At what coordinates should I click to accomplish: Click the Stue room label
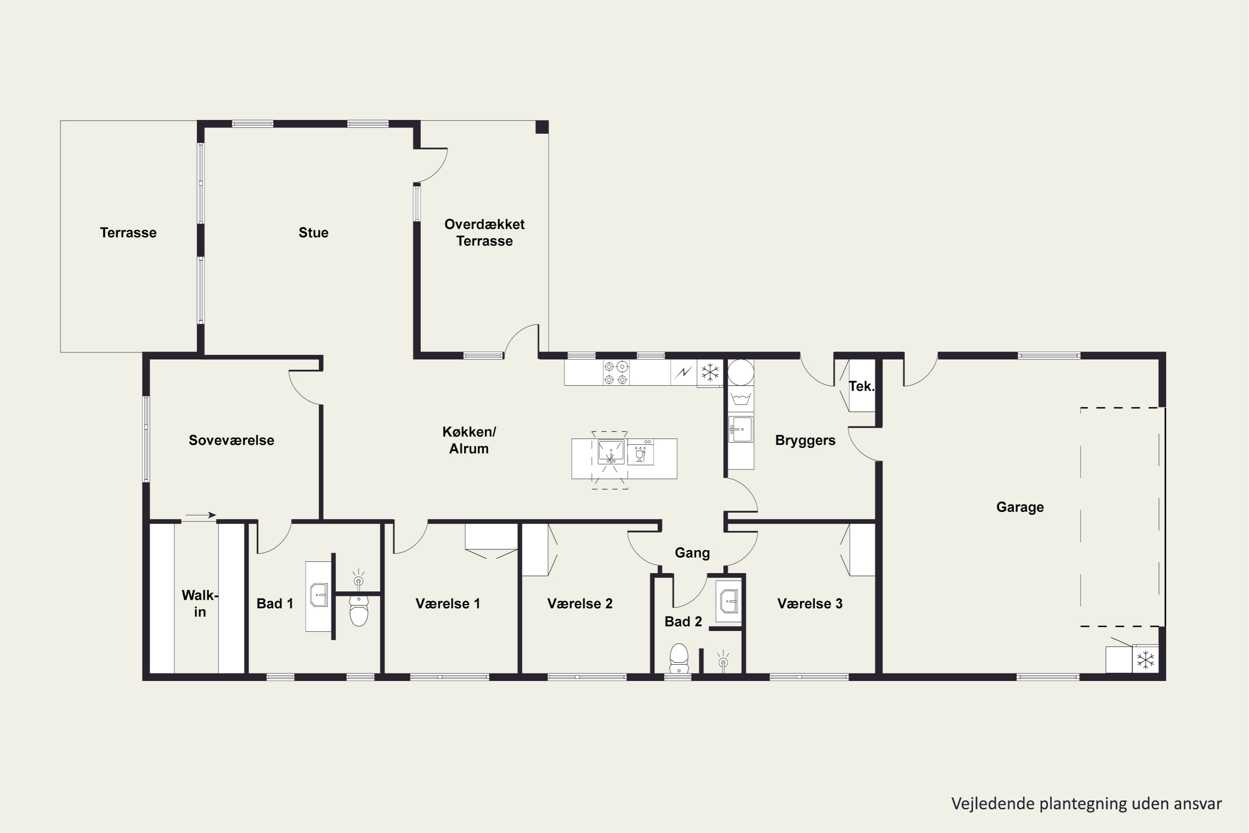(313, 233)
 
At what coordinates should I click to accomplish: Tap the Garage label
(1020, 507)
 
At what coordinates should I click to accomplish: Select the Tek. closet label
(861, 386)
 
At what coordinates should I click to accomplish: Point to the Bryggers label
(805, 440)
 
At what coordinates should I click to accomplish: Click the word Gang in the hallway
(692, 553)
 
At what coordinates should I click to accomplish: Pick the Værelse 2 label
(580, 604)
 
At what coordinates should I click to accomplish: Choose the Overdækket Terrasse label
(484, 233)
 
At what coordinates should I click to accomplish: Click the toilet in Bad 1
(359, 611)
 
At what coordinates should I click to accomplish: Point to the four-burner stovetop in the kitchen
(616, 372)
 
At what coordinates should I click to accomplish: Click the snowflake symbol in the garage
(1145, 660)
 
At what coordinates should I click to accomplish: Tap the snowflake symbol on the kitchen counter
(710, 372)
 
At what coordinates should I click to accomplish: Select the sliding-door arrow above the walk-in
(200, 515)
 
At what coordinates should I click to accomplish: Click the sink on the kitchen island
(611, 452)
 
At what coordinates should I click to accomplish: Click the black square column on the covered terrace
(542, 127)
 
